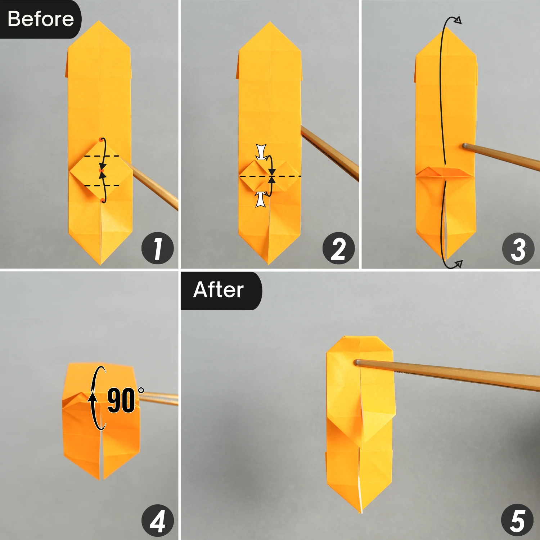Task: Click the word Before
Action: tap(40, 19)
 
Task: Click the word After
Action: tap(219, 290)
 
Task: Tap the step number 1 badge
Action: tap(157, 248)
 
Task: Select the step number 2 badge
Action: tap(338, 248)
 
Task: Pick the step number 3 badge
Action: tap(518, 249)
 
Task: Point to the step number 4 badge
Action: tap(157, 521)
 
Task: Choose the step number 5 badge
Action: tap(517, 521)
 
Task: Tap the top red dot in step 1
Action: tap(100, 139)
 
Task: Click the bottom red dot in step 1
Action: tap(103, 200)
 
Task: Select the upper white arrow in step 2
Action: tap(261, 152)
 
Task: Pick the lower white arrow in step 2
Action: tap(261, 199)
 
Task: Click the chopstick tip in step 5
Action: tap(357, 363)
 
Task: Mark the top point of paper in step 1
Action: tap(98, 22)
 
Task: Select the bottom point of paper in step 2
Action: tap(269, 264)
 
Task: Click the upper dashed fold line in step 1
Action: tap(102, 156)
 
